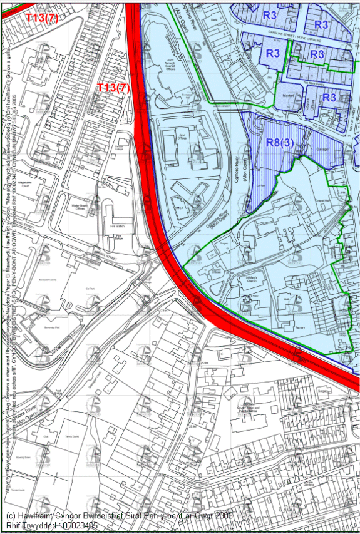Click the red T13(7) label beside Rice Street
click(x=112, y=88)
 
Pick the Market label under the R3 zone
click(x=288, y=96)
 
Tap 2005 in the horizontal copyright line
click(x=220, y=515)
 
